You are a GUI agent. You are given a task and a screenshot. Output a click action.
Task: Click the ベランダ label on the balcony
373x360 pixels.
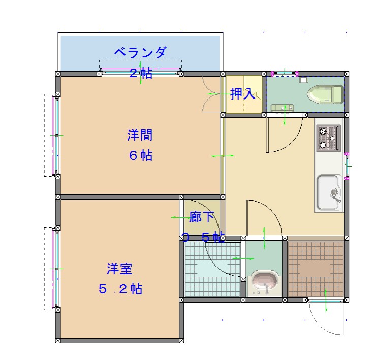(x=141, y=52)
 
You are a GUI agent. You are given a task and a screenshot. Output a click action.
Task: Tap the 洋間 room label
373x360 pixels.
(x=140, y=135)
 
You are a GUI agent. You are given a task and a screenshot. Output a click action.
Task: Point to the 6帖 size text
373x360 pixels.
(x=141, y=156)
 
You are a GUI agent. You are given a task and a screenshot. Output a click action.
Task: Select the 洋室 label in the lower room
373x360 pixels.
(x=119, y=269)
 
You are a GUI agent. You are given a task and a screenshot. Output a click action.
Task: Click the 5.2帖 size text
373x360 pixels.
(x=120, y=289)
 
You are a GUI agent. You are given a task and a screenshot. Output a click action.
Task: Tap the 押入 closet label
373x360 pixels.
(x=242, y=93)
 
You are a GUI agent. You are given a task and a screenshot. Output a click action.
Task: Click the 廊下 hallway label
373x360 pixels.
(x=202, y=217)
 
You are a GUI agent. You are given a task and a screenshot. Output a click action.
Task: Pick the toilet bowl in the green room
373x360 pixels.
(x=325, y=94)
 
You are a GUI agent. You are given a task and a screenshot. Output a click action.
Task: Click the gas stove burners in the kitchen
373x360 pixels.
(x=328, y=138)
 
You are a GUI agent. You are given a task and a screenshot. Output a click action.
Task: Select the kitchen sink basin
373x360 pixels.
(x=329, y=192)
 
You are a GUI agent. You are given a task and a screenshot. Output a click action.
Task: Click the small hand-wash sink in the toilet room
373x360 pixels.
(x=283, y=108)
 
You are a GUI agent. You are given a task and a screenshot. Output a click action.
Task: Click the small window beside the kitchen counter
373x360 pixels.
(x=347, y=166)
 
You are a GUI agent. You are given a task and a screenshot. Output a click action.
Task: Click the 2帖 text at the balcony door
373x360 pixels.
(x=141, y=73)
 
